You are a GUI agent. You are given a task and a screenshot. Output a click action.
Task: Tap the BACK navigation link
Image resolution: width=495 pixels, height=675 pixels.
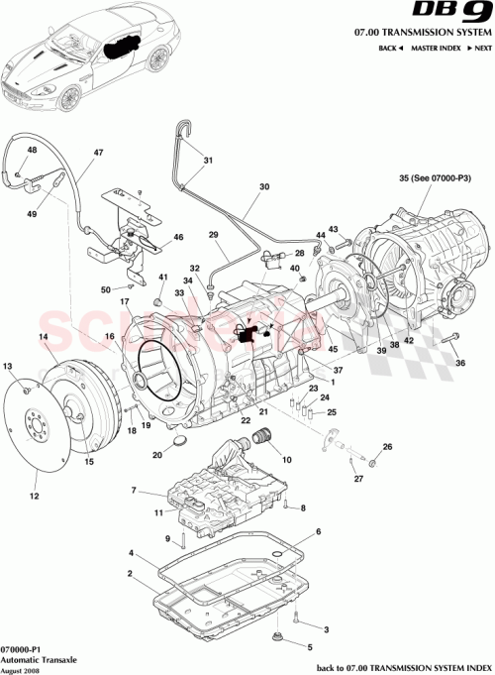click(x=390, y=49)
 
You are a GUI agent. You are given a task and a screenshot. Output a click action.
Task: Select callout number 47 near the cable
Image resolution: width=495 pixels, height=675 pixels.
click(x=98, y=153)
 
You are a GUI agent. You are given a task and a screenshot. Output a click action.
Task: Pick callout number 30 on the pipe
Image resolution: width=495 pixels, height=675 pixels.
click(x=263, y=186)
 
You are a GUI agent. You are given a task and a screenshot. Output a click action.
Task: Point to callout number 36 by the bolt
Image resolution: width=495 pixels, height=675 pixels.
click(x=459, y=363)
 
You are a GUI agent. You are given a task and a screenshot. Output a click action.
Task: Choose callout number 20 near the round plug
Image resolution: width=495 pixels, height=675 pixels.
click(x=157, y=456)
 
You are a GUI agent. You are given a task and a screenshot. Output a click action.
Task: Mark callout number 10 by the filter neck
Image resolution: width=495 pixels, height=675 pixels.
click(x=288, y=459)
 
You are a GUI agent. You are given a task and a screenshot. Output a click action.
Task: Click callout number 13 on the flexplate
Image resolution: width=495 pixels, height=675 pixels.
click(x=8, y=367)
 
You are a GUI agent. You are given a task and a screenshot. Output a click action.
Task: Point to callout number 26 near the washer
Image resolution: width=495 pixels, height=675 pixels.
click(x=387, y=447)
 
